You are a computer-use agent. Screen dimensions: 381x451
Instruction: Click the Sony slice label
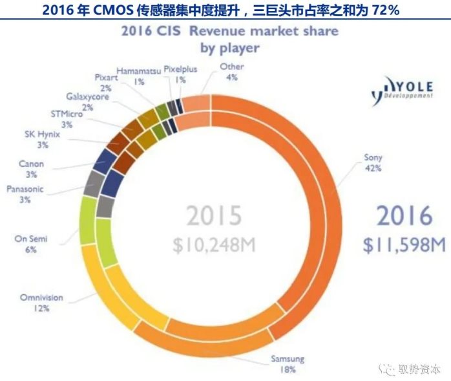click(x=373, y=157)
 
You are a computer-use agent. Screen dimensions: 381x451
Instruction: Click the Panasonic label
click(x=26, y=189)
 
